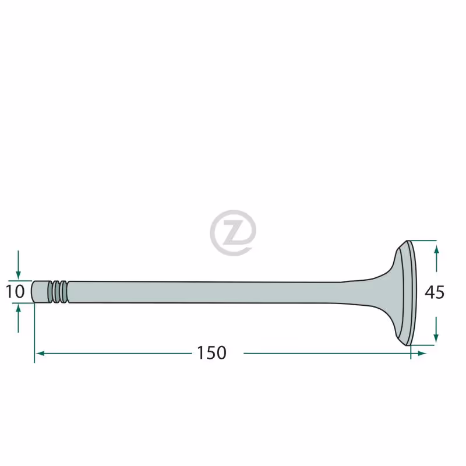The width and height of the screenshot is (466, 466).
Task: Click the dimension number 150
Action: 211,353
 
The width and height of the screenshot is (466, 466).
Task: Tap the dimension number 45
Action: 435,292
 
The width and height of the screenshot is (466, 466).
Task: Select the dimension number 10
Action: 15,292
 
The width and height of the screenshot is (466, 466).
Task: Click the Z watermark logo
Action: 233,233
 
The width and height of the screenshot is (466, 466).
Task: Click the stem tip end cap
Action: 40,292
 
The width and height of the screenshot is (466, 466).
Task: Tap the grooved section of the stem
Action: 59,292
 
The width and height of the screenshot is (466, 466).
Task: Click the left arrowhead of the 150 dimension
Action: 40,354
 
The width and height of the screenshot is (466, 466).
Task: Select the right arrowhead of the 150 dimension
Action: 422,354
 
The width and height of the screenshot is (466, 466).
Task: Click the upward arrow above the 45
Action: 436,258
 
